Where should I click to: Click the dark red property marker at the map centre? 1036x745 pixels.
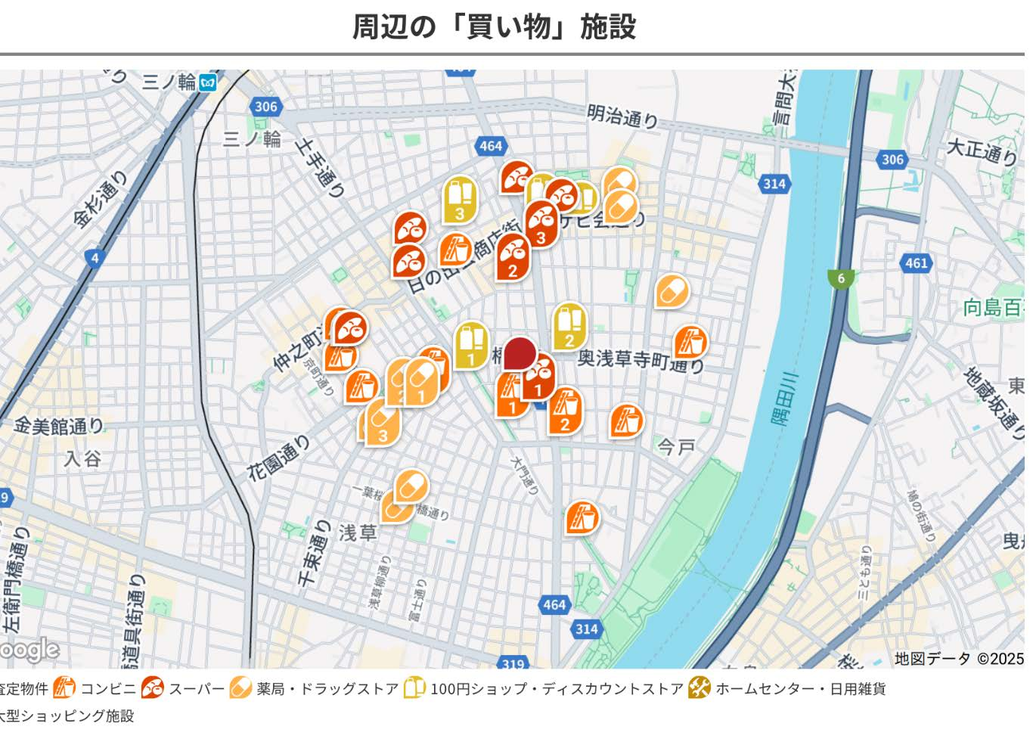pyautogui.click(x=520, y=354)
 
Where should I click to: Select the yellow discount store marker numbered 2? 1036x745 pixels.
pyautogui.click(x=569, y=327)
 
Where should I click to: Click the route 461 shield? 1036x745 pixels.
pyautogui.click(x=916, y=263)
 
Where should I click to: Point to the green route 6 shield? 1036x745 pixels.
pyautogui.click(x=840, y=278)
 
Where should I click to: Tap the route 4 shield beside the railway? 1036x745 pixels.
pyautogui.click(x=95, y=259)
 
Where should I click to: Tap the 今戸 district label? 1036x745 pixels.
pyautogui.click(x=675, y=447)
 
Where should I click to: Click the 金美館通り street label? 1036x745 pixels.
pyautogui.click(x=58, y=426)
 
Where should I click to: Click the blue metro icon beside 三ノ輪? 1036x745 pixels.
pyautogui.click(x=208, y=82)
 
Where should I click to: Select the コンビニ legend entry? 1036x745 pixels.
pyautogui.click(x=107, y=689)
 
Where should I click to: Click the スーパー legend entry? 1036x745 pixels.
pyautogui.click(x=196, y=689)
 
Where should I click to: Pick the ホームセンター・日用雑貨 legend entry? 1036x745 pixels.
pyautogui.click(x=799, y=689)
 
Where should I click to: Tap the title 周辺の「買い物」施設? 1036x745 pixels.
pyautogui.click(x=495, y=27)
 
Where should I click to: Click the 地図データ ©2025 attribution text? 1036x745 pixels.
pyautogui.click(x=958, y=659)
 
